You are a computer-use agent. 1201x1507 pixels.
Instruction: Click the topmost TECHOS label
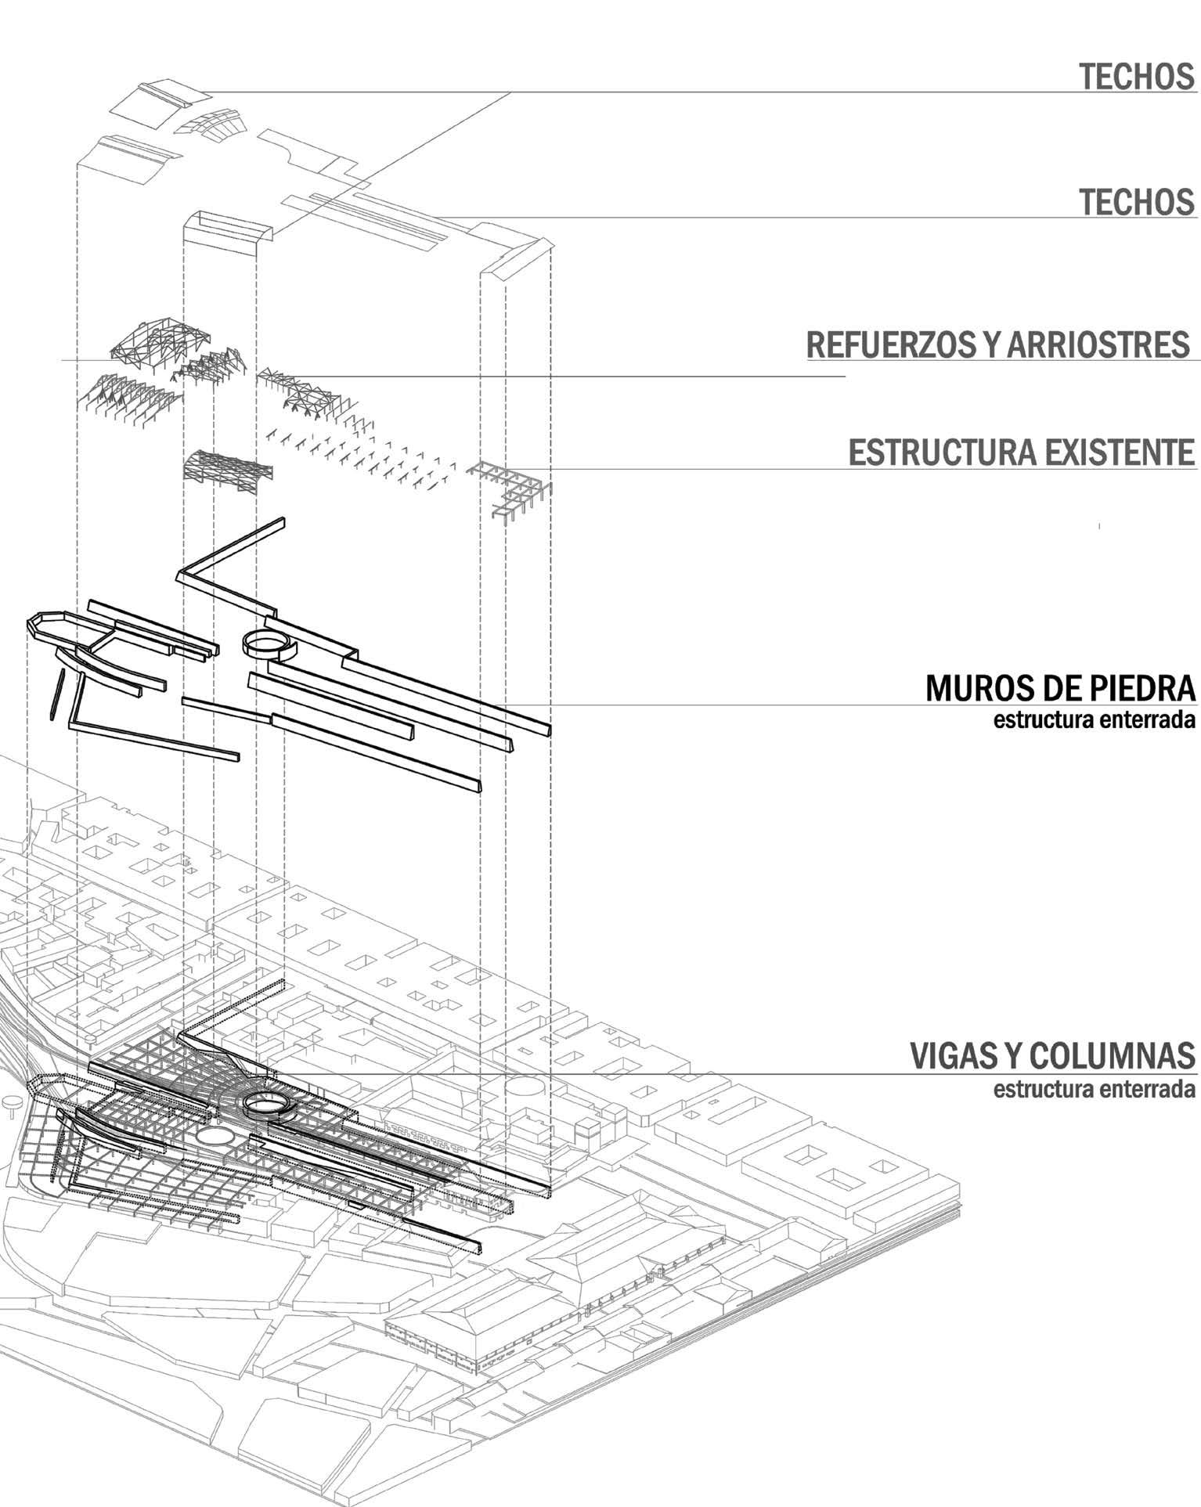point(1137,77)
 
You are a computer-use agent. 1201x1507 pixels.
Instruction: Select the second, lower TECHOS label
point(1137,202)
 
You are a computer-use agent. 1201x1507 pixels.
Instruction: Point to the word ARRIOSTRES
point(1097,345)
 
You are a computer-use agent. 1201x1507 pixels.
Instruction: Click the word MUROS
point(973,688)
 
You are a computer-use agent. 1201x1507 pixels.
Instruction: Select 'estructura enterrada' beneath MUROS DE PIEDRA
point(1094,720)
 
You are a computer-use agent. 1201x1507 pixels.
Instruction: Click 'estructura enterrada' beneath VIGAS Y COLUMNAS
point(1094,1089)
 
